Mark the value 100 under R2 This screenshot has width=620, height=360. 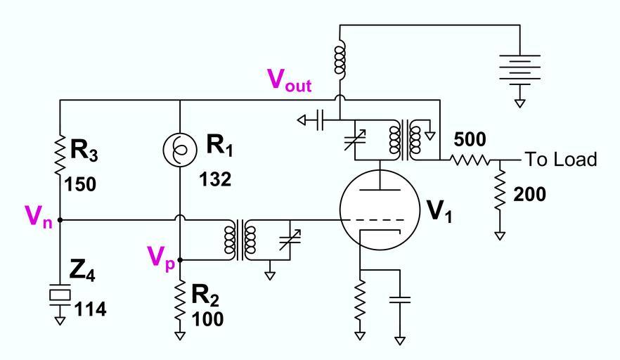point(209,319)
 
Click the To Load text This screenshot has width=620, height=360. point(560,160)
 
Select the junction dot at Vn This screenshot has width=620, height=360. point(60,220)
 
